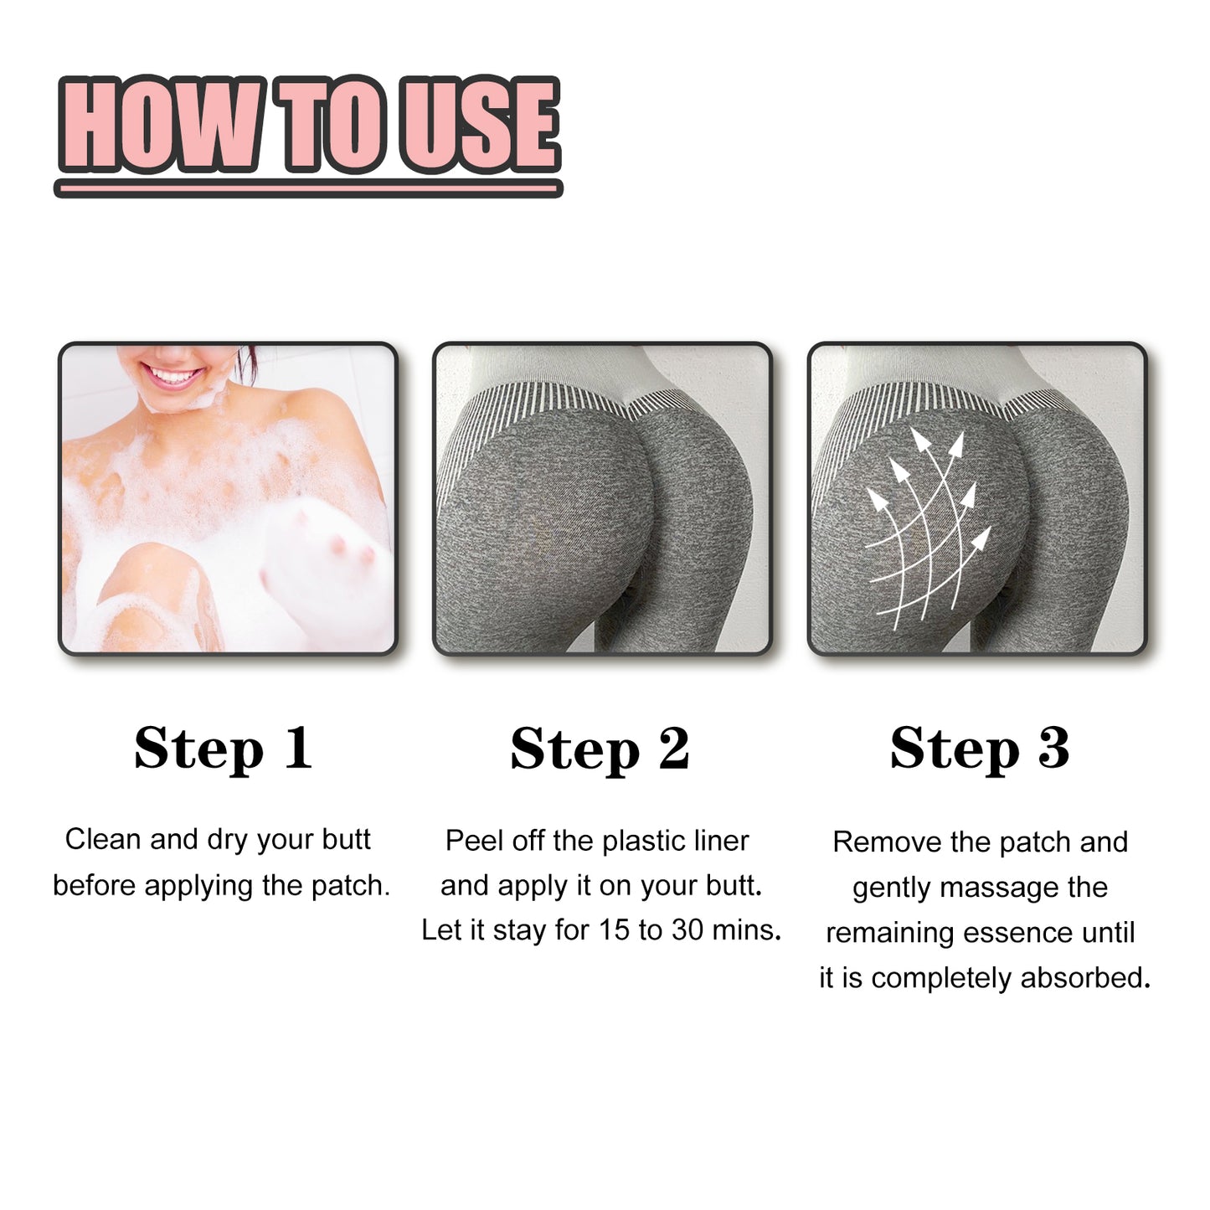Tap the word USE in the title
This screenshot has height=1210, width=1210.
[x=480, y=124]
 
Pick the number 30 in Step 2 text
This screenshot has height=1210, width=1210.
[x=687, y=930]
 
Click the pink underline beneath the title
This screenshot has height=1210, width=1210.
[x=308, y=189]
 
